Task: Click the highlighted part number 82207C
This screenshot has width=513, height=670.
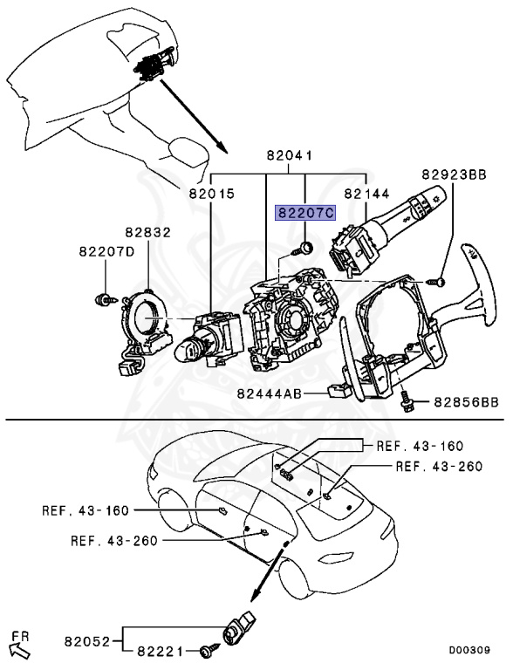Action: tap(305, 212)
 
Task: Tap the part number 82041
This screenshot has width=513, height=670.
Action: tap(290, 155)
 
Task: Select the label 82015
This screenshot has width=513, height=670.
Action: tap(212, 194)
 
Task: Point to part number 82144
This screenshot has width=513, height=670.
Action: tap(366, 194)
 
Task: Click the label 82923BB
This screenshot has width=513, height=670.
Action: tap(454, 174)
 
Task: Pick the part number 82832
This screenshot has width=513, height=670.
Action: tap(148, 232)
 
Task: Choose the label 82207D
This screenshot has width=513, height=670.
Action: tap(106, 251)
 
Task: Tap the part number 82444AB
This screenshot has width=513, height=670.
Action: tap(270, 393)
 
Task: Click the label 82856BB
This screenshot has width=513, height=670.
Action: tap(467, 402)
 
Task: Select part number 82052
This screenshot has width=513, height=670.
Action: tap(87, 641)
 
